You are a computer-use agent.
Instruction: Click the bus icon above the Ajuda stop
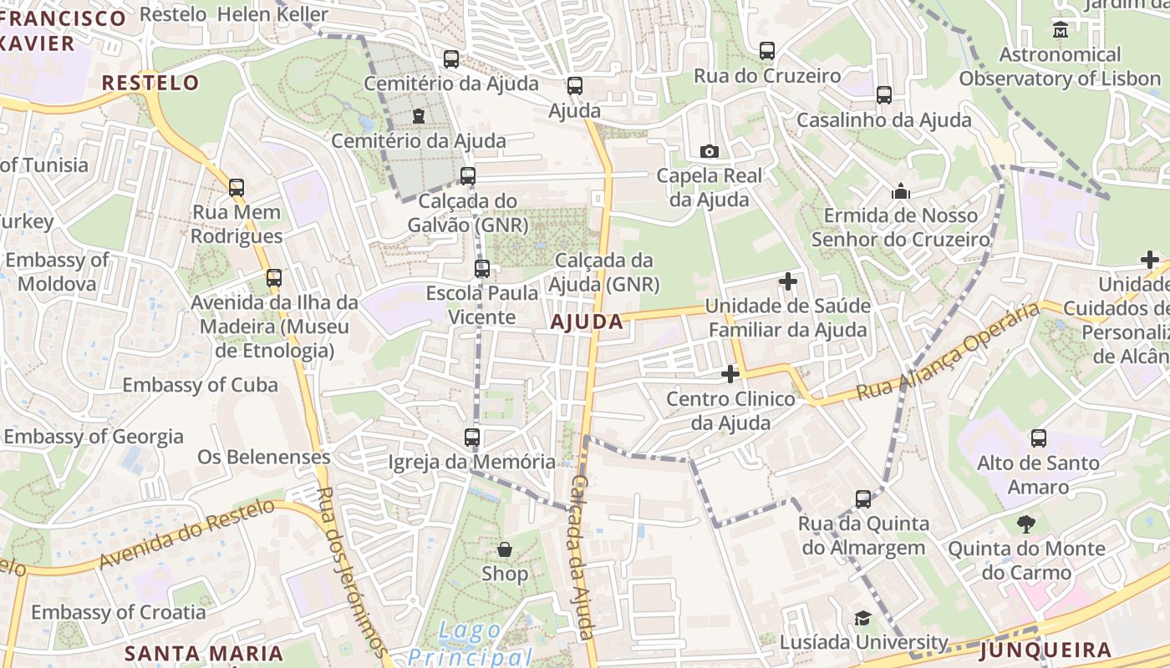[x=574, y=85]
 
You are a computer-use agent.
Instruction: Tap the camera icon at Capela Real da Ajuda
[x=709, y=151]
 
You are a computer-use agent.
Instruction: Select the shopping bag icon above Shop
[x=505, y=549]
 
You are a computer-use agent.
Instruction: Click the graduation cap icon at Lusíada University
[x=862, y=618]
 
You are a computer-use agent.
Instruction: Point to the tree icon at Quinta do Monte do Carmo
[x=1025, y=524]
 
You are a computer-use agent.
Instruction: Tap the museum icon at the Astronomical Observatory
[x=1061, y=29]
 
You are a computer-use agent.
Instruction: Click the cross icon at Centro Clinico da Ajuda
[x=730, y=374]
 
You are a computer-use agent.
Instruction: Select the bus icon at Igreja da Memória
[x=472, y=437]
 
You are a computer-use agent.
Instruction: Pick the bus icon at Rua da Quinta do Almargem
[x=863, y=499]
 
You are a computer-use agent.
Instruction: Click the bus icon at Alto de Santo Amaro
[x=1038, y=438]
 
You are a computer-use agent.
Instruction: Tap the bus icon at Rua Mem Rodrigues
[x=237, y=188]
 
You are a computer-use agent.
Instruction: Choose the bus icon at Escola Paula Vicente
[x=482, y=269]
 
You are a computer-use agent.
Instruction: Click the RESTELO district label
[x=150, y=83]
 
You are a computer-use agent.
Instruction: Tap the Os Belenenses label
[x=264, y=457]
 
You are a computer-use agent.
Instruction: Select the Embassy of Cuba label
[x=200, y=385]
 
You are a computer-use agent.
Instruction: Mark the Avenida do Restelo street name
[x=187, y=534]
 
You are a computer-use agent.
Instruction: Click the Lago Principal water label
[x=471, y=644]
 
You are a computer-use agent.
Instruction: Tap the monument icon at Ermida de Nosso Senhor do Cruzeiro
[x=900, y=191]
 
